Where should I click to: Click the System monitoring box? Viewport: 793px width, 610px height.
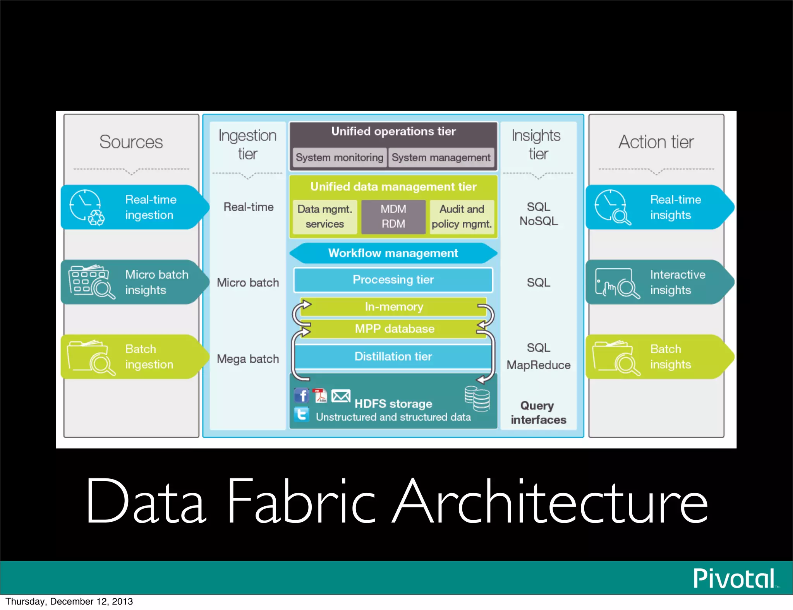(x=339, y=158)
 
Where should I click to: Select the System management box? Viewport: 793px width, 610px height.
(x=441, y=158)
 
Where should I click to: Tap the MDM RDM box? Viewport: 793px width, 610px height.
(x=393, y=216)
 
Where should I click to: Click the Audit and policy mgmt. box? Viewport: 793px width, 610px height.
(x=462, y=216)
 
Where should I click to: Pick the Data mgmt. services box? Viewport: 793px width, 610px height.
(x=324, y=216)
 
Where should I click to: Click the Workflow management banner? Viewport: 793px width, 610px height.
(x=393, y=253)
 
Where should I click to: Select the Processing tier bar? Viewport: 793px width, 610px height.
(x=393, y=279)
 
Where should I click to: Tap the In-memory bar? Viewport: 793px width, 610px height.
(x=394, y=307)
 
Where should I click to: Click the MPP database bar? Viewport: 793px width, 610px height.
(x=395, y=329)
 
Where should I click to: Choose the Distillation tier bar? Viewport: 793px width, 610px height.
(x=393, y=356)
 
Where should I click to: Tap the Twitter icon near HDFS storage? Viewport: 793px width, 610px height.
(x=301, y=415)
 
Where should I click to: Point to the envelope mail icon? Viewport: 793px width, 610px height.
(x=341, y=396)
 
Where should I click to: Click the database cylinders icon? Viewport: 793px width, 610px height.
(x=477, y=399)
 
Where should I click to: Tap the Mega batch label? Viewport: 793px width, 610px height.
(x=248, y=359)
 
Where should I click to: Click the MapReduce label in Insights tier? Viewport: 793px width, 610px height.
(x=538, y=365)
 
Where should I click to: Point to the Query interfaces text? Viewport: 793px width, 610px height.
(x=538, y=413)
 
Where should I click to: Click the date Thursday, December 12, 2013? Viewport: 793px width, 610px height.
(x=69, y=601)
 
